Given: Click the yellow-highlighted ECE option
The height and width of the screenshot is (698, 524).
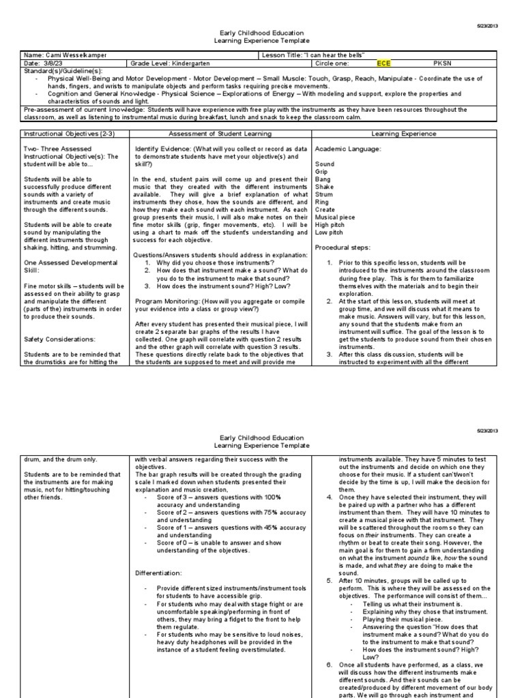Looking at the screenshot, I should (x=383, y=63).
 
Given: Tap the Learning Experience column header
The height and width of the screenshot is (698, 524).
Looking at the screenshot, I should (x=405, y=134).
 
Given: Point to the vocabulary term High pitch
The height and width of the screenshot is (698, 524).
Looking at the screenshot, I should (x=331, y=225).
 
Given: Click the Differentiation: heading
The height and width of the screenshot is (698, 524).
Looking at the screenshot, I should (x=159, y=573).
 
